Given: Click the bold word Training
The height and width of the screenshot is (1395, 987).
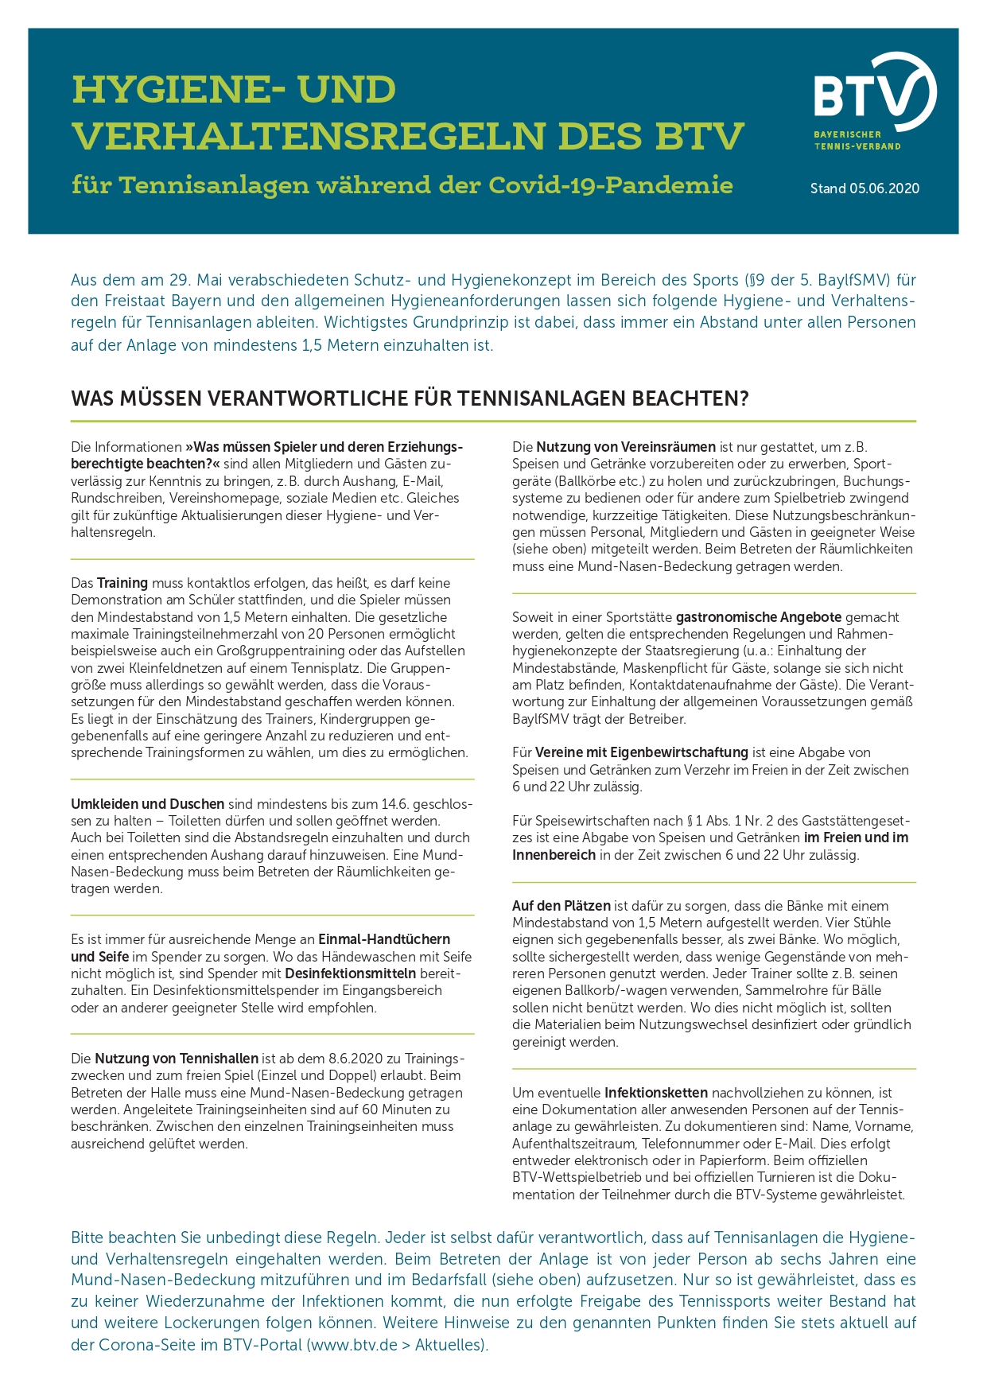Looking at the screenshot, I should pos(122,583).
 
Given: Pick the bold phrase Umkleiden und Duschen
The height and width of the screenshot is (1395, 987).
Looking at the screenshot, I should pos(147,803).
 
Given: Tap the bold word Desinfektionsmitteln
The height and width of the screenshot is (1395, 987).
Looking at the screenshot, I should pos(350,973).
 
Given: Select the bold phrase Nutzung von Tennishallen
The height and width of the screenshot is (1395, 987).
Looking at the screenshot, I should pos(177,1059).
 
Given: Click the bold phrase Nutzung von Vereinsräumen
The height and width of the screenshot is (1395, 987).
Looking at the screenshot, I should pos(626,447).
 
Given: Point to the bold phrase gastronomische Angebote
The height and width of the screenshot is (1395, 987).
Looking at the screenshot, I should pos(759,617).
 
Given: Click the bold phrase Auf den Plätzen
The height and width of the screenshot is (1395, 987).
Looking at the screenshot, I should pos(562,906).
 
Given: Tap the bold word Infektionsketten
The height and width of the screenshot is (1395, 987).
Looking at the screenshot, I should pos(655,1093).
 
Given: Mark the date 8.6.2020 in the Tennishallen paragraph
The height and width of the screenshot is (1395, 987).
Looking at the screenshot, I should pos(356,1059).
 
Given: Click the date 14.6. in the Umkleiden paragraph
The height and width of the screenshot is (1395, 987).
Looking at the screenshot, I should pos(396,803).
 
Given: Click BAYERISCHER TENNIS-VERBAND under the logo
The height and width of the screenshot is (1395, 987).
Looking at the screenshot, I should pos(857,140).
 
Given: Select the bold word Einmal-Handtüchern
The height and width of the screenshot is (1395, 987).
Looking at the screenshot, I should pos(384,939).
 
